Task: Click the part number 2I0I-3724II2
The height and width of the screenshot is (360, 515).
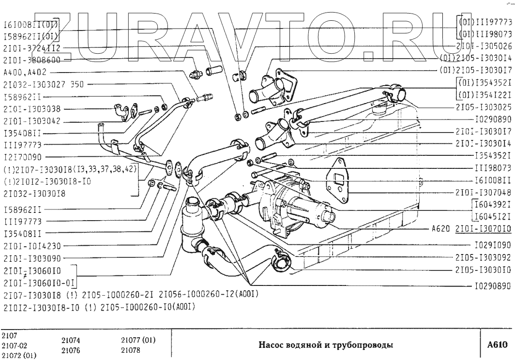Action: [x=31, y=48]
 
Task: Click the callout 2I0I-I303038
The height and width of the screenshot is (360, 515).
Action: [x=31, y=110]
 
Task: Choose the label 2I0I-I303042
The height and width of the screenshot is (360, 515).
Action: [x=31, y=122]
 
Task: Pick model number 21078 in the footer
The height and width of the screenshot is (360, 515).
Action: [x=131, y=349]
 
